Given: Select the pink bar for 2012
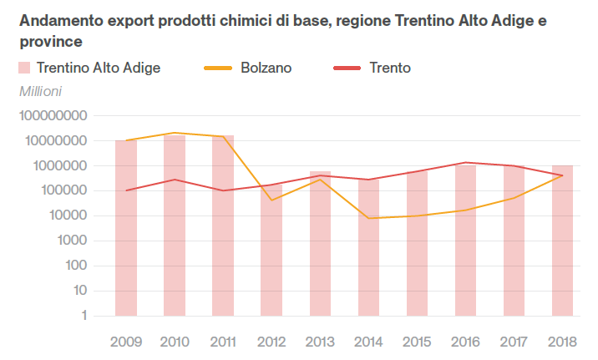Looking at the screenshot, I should point(271,251).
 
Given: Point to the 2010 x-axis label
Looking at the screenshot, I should point(174,341).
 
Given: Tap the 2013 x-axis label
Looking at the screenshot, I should point(320,341).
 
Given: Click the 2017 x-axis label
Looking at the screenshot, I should point(514,341).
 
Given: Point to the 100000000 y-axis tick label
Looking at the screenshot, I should point(53,116).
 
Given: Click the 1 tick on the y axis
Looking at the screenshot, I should point(85,316).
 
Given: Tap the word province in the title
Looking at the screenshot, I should point(51,40).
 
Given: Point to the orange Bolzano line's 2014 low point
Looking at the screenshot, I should point(368,218).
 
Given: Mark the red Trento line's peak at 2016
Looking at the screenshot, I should point(465,163).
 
